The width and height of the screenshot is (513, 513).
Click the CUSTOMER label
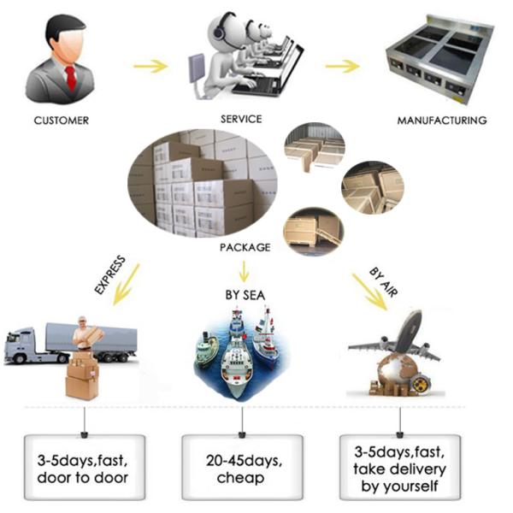point(61,121)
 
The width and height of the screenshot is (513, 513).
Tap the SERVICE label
point(241,119)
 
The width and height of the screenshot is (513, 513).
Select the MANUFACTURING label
point(442,121)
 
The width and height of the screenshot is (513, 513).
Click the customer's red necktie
point(70,77)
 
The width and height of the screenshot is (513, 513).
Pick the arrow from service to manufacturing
point(341,66)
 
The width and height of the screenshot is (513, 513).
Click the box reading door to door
point(83,467)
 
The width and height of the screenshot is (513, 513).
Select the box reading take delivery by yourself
point(401,467)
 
